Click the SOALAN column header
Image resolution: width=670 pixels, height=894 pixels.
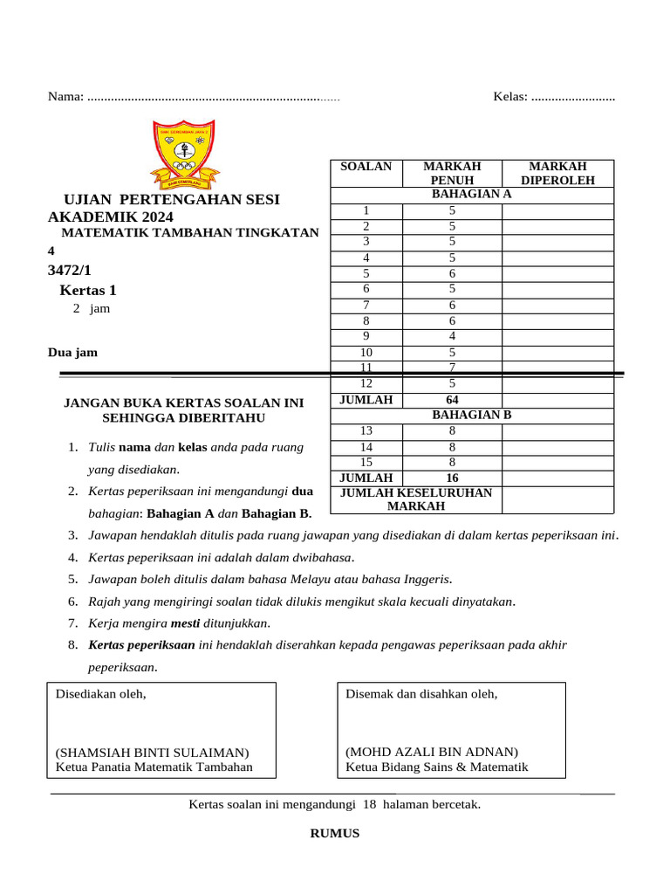(366, 167)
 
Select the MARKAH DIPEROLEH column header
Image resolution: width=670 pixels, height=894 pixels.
(557, 173)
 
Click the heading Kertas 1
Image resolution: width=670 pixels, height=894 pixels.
(87, 291)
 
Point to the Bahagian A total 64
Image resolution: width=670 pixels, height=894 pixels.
(452, 400)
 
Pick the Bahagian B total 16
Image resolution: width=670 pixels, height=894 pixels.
(452, 478)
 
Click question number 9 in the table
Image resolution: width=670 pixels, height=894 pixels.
(366, 336)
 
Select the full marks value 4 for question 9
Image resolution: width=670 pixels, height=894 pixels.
(452, 336)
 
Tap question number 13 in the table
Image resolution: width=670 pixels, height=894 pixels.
(366, 430)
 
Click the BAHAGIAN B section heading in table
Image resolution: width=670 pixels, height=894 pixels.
(471, 416)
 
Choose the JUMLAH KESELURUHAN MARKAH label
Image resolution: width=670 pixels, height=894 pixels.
(415, 499)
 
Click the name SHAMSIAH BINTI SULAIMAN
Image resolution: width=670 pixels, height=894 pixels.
(152, 753)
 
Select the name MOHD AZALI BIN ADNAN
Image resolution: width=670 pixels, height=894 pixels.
(432, 752)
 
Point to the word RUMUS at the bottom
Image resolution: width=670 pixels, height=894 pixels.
(335, 834)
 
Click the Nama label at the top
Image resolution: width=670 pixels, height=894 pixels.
(65, 96)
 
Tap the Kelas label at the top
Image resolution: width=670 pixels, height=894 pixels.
(510, 96)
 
